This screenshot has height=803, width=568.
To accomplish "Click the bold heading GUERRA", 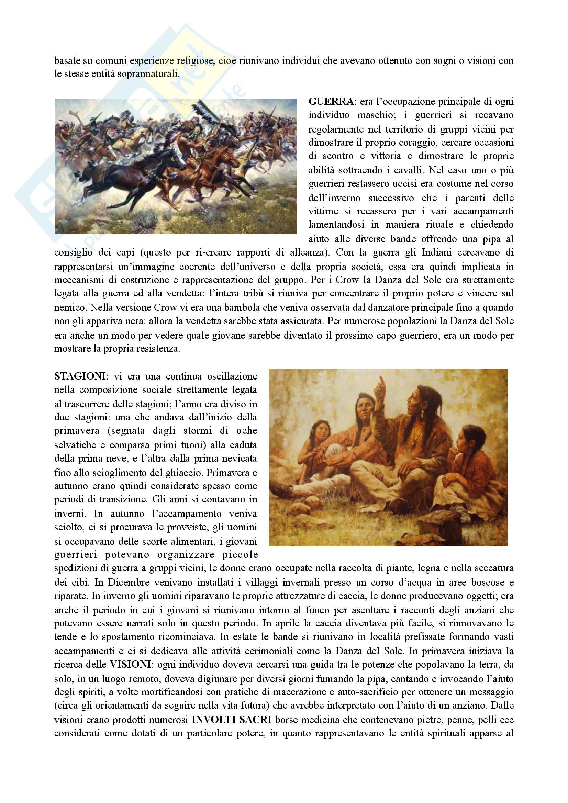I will pyautogui.click(x=331, y=101).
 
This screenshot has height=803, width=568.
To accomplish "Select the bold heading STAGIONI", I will pyautogui.click(x=79, y=376).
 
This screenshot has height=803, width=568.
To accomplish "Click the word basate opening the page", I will pyautogui.click(x=68, y=60).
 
